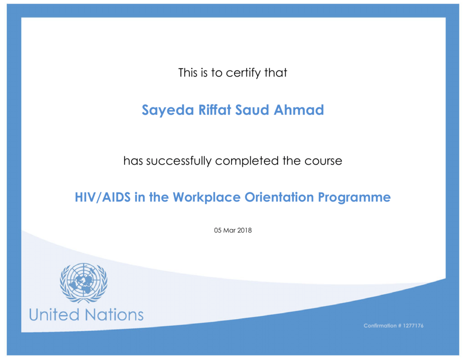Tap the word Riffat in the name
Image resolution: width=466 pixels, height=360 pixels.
coord(215,110)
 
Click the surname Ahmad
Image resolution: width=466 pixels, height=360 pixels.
coord(299,110)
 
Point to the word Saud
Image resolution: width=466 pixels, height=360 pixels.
coord(252,110)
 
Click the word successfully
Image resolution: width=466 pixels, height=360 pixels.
coord(178,161)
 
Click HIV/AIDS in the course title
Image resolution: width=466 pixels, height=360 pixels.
coord(102,197)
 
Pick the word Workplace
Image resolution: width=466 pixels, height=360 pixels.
coord(207,198)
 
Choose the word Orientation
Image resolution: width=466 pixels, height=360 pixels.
coord(279,197)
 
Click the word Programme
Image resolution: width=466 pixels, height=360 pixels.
coord(354,198)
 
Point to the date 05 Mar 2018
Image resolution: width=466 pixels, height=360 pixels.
coord(233,230)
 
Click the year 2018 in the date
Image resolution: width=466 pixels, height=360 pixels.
coord(244,230)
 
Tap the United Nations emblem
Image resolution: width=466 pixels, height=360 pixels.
coord(84,283)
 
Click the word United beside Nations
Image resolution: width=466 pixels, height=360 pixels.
coord(54,315)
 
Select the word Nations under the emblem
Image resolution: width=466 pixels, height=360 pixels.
coord(114,315)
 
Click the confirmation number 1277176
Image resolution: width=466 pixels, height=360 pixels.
coord(413,326)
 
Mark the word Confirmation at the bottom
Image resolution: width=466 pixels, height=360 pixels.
coord(380,326)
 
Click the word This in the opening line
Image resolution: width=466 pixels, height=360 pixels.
coord(188,73)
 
